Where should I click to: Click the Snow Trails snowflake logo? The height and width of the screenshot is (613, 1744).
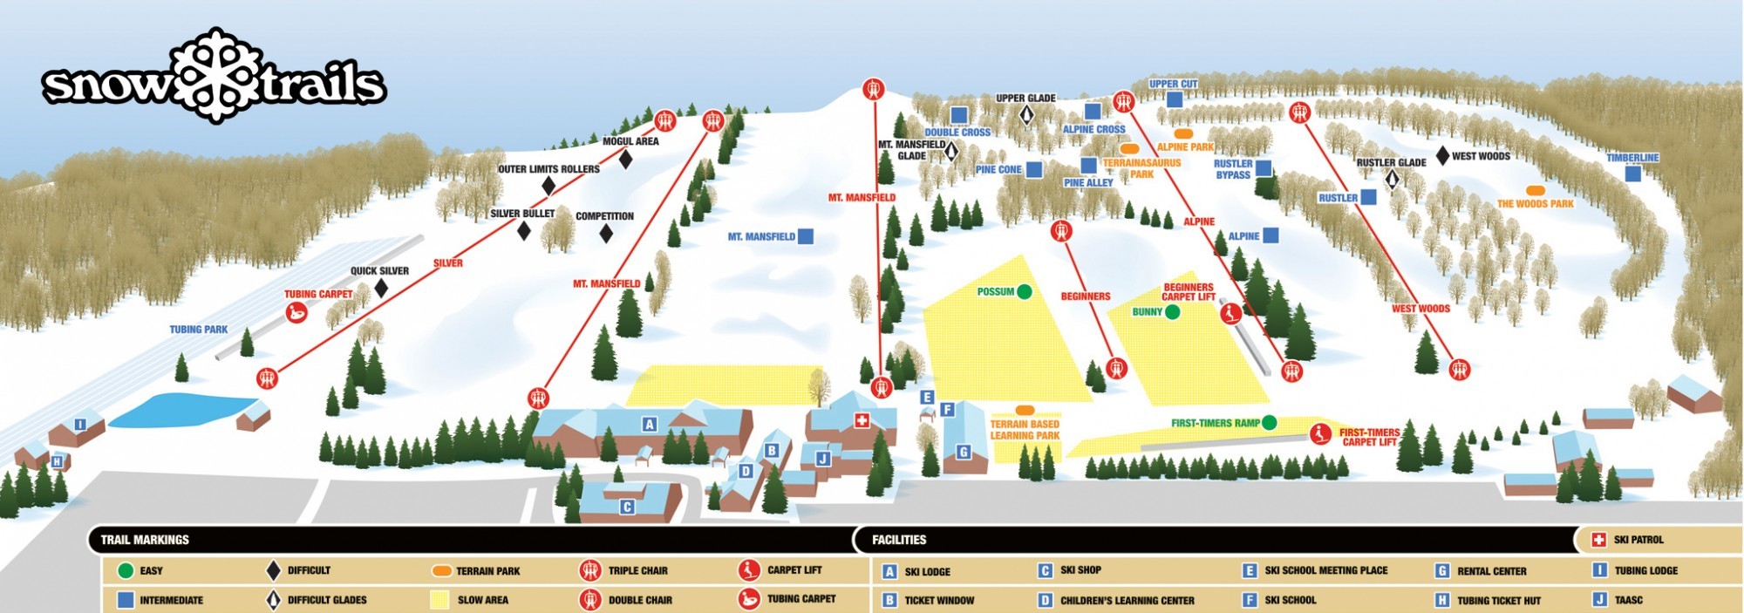tap(215, 75)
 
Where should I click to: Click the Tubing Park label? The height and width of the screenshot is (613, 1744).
tap(198, 330)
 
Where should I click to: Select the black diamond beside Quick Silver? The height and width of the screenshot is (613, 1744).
tap(381, 288)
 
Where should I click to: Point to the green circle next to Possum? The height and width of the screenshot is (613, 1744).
tap(1025, 292)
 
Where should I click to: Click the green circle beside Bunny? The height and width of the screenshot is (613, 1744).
tap(1172, 312)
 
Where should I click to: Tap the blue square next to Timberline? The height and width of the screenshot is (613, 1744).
tap(1632, 174)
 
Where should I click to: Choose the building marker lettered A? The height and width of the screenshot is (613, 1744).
tap(649, 425)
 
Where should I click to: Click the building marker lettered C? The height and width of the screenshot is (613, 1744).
tap(627, 507)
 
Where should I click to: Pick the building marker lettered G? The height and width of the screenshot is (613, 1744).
tap(964, 452)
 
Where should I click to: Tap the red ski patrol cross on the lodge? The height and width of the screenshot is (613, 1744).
tap(862, 421)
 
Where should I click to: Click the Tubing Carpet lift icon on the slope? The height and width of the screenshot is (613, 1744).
tap(296, 312)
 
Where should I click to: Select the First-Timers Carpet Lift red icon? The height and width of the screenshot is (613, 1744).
tap(1320, 433)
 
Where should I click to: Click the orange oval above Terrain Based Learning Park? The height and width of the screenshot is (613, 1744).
tap(1025, 410)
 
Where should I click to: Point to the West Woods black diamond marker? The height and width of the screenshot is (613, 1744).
tap(1443, 156)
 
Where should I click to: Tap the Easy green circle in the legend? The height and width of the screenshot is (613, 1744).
tap(126, 571)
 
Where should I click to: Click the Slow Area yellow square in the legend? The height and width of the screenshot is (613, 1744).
tap(440, 600)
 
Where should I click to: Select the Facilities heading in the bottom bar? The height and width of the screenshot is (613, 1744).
tap(899, 540)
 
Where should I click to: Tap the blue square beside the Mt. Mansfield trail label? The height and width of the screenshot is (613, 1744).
tap(806, 236)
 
